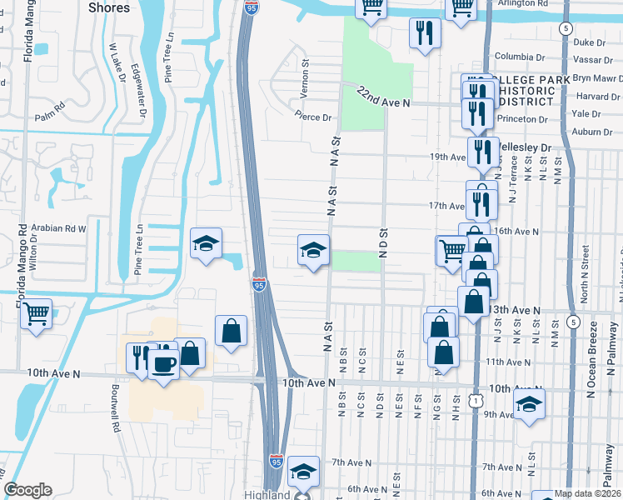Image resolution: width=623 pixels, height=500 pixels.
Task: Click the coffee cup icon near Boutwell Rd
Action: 163,364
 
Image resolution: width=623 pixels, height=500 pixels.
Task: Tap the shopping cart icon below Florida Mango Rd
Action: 35,314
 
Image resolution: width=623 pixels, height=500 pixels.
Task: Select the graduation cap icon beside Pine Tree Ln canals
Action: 206,243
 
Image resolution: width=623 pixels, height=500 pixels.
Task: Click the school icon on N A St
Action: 313,250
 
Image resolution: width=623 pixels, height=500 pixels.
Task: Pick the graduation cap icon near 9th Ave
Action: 529,404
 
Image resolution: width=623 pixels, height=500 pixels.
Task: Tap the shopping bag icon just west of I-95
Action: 231,331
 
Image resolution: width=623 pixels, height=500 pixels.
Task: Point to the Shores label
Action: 108,7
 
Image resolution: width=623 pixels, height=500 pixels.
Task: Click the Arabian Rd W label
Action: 58,227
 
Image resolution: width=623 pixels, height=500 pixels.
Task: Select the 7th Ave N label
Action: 351,462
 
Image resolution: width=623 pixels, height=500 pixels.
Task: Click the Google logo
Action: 27,490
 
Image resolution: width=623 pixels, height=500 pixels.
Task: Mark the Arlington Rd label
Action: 525,3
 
